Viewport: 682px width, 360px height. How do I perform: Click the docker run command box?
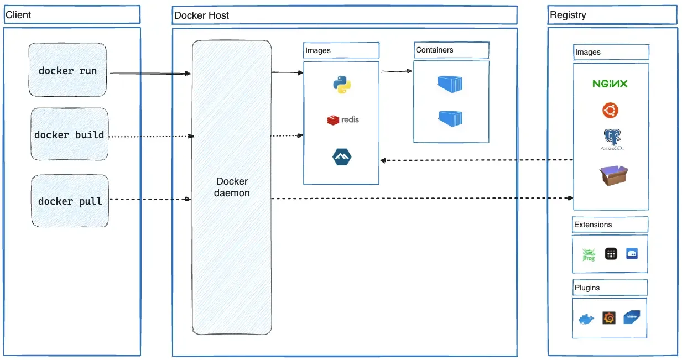coord(67,71)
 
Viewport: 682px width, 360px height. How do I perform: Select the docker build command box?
coord(69,135)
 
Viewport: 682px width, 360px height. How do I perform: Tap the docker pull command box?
coord(70,201)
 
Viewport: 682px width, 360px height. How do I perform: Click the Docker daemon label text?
coord(232,187)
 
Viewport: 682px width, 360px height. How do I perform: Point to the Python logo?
coord(342,85)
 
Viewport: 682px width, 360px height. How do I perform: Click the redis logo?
coord(343,119)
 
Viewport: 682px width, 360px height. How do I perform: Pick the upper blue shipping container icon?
coord(450,84)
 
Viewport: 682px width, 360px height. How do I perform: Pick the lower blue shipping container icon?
coord(450,118)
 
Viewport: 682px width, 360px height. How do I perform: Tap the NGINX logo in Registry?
coord(610,84)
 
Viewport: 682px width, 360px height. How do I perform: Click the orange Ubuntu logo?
coord(610,111)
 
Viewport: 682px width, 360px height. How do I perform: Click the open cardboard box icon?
coord(613,176)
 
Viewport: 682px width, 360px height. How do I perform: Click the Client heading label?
coord(18,15)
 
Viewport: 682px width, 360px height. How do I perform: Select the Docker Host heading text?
coord(201,15)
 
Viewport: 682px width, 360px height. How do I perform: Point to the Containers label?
coord(435,50)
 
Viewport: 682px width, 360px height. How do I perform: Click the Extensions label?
coord(593,225)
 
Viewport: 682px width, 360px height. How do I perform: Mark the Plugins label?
coord(587,288)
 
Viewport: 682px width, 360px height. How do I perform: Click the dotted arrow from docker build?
coord(149,135)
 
